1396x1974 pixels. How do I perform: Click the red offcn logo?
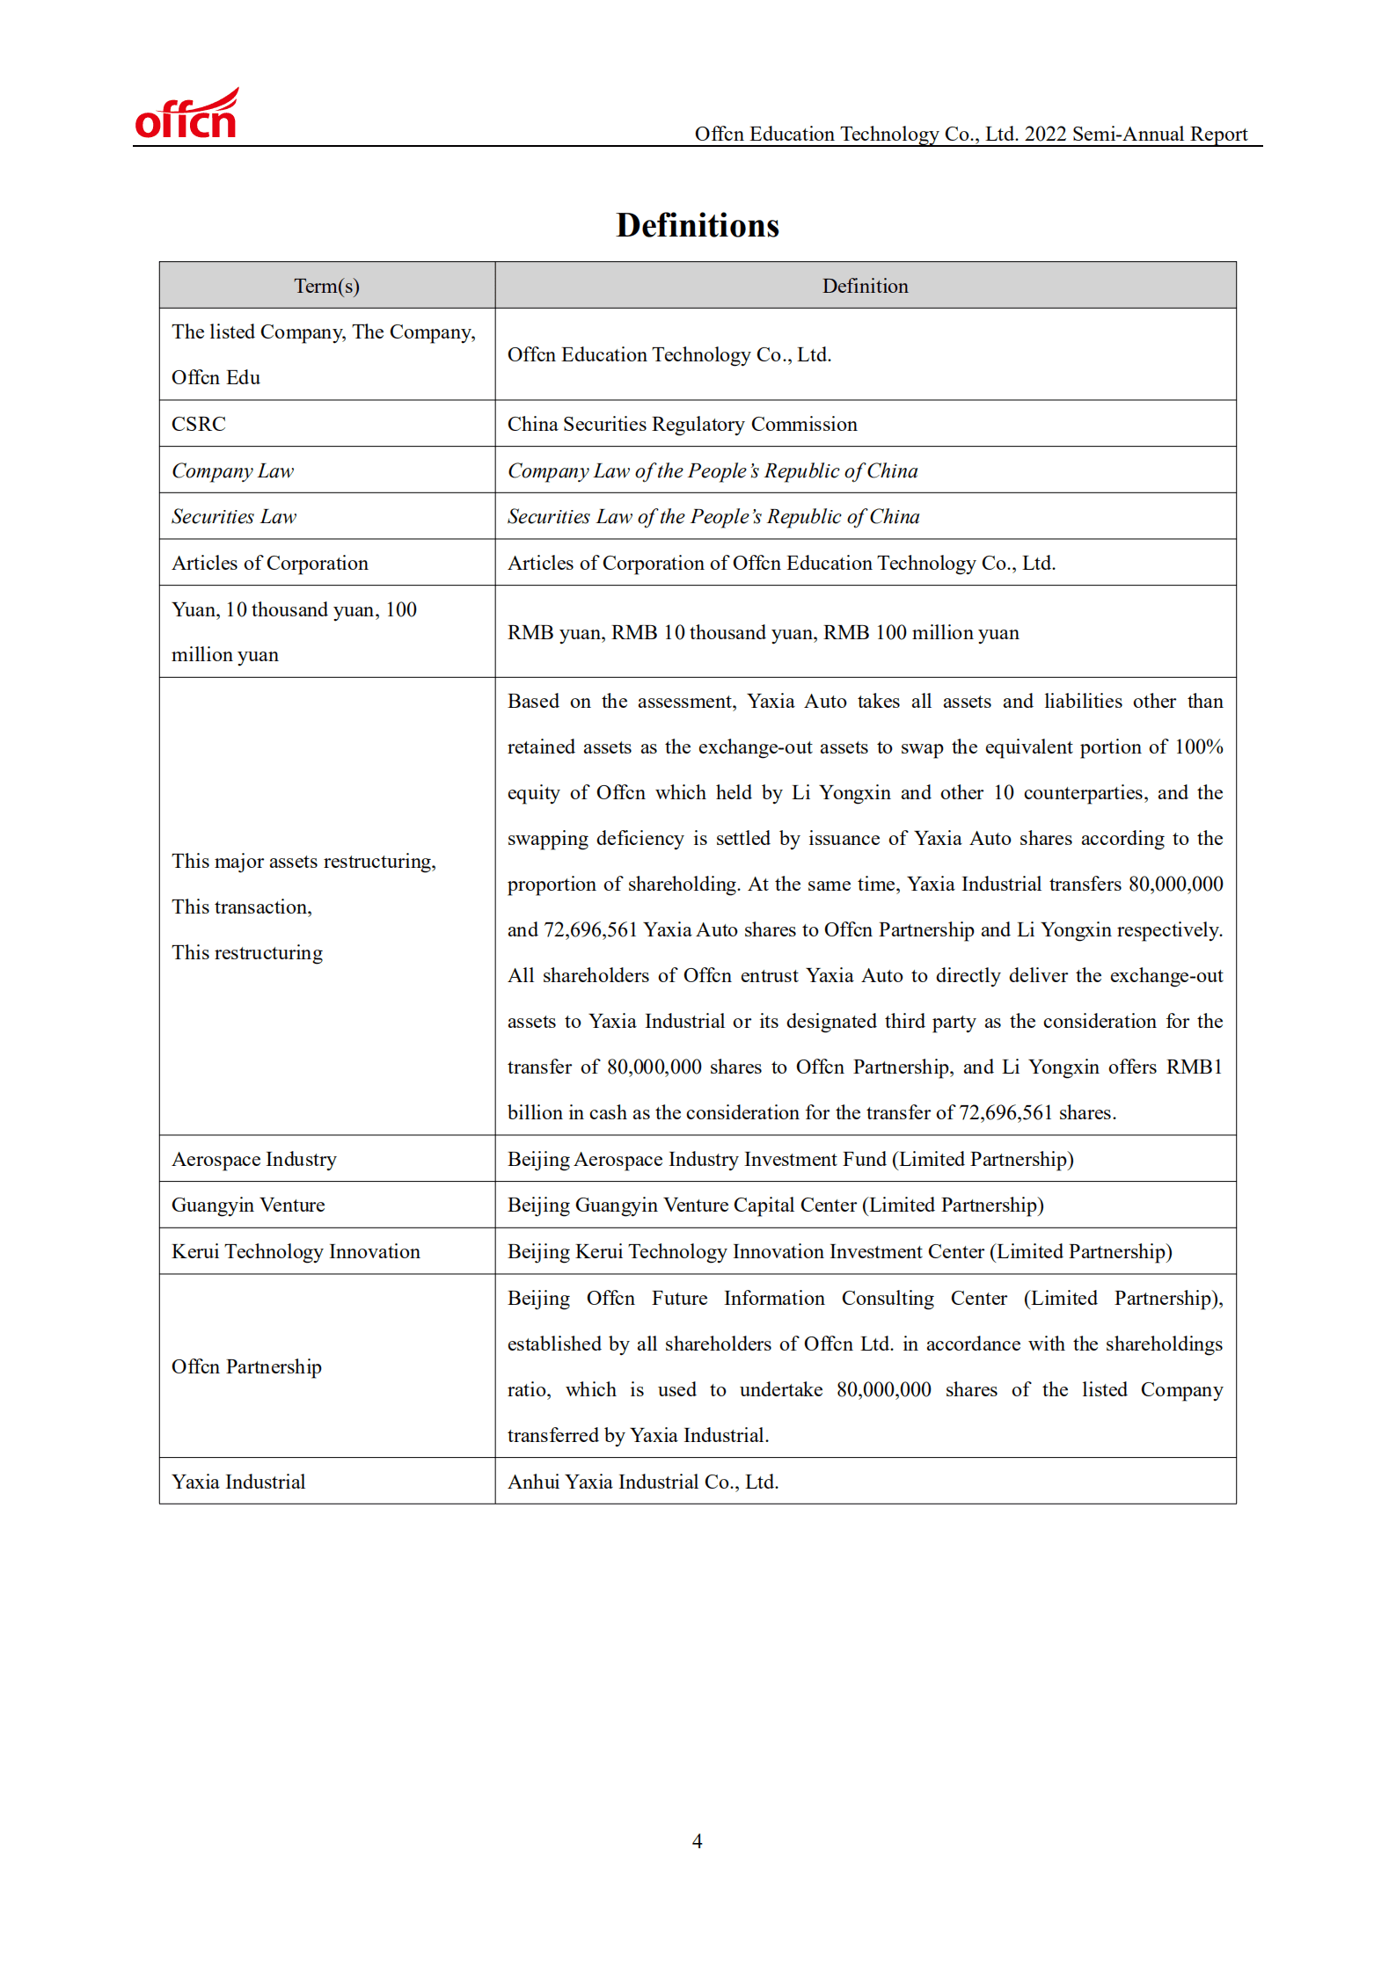point(186,115)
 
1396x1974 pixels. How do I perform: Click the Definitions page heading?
point(697,225)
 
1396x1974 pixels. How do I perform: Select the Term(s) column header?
point(326,286)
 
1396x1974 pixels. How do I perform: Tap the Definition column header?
point(865,286)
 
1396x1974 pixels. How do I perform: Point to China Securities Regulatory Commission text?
point(682,424)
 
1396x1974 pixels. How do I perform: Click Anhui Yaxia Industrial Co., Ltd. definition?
point(643,1482)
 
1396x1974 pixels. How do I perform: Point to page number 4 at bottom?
point(698,1841)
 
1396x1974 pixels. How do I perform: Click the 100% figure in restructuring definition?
point(1199,747)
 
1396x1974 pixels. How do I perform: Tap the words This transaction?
point(242,907)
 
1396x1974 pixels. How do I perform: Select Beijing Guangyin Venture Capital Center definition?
point(775,1205)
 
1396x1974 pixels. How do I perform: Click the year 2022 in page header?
point(1045,134)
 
